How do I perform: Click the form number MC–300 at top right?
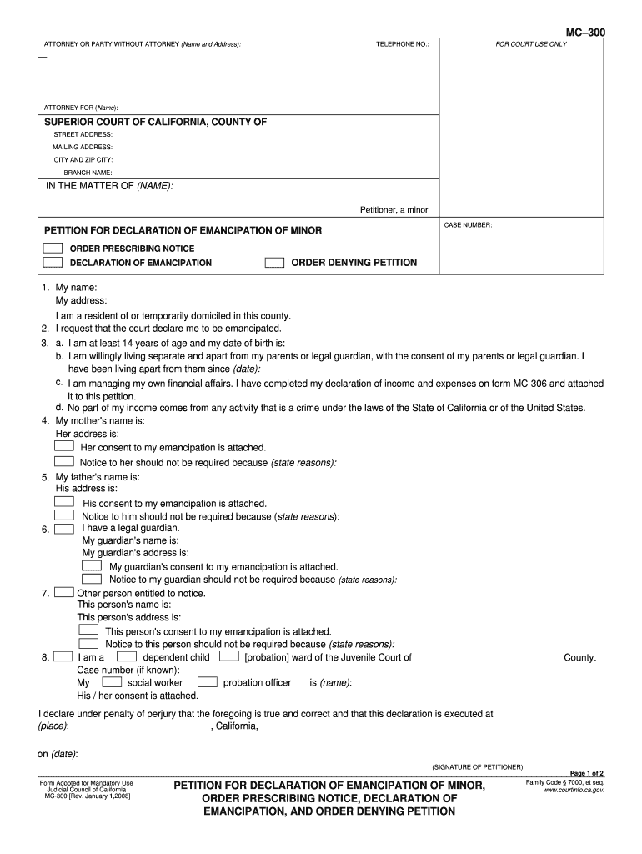pos(585,32)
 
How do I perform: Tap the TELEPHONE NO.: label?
pos(402,43)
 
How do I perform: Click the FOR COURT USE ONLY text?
pos(531,43)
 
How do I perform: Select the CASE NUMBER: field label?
pos(468,225)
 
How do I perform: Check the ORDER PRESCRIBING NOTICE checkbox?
pos(53,249)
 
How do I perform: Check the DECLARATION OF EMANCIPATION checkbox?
pos(53,263)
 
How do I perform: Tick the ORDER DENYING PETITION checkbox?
pos(274,263)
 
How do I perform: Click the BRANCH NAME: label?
pos(82,172)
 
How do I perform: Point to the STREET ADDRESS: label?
pos(83,134)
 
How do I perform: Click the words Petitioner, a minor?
pos(394,209)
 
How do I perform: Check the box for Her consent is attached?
pos(64,447)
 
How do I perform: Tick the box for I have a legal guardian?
pos(64,528)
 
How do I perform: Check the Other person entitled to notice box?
pos(64,593)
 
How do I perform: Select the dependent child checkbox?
pos(127,657)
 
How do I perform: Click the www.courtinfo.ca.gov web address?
pos(573,790)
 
